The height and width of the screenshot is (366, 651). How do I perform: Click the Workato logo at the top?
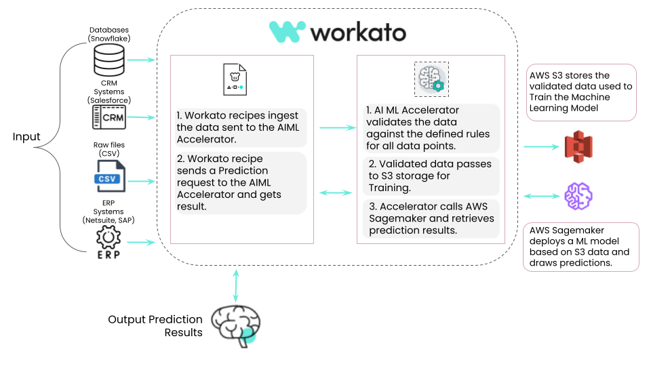tap(337, 32)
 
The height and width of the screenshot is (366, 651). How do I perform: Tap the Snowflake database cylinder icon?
tap(109, 62)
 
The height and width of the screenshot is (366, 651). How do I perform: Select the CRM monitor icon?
tap(110, 118)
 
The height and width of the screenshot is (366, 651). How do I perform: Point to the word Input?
tap(26, 137)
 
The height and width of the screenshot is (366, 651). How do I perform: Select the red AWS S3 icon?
tap(578, 146)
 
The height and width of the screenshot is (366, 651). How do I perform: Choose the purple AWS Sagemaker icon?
tap(578, 196)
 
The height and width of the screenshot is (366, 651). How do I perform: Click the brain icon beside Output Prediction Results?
tap(235, 324)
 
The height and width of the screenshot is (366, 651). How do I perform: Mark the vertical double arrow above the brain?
tap(235, 285)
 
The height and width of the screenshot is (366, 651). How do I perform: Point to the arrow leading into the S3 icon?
tap(539, 146)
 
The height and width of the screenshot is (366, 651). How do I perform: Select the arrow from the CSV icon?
tap(140, 181)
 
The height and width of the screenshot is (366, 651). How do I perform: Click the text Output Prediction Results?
tap(155, 325)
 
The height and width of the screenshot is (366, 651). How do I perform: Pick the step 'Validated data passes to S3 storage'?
tap(431, 176)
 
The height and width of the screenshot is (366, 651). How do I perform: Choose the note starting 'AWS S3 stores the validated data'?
tap(580, 91)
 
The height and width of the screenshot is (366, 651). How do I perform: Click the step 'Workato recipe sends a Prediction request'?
tap(238, 182)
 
